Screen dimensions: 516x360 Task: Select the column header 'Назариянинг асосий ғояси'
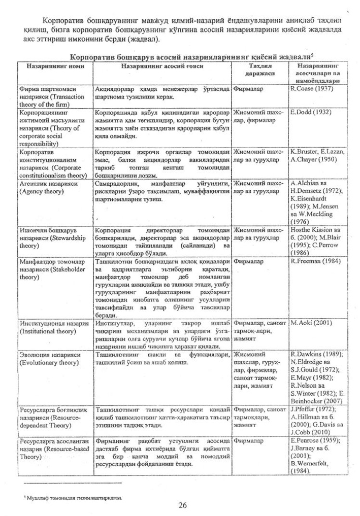click(x=162, y=66)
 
